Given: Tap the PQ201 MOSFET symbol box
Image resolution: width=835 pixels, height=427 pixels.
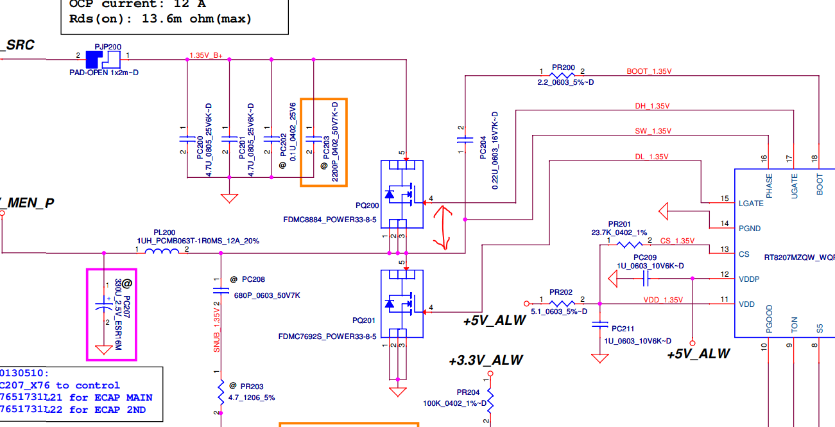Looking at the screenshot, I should [x=402, y=304].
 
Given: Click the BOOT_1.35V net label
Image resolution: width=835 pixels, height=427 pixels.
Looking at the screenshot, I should [x=650, y=71].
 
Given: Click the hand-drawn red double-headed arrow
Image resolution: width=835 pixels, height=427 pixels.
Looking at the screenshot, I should [x=441, y=226].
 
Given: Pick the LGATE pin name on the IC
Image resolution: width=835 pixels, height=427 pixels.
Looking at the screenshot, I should [x=752, y=203].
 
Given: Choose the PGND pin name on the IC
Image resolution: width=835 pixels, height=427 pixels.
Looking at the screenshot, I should [x=750, y=229].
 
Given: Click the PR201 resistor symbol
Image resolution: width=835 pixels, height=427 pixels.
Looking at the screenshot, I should [x=628, y=245].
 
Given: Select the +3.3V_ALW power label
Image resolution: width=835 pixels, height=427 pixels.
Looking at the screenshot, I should [x=486, y=361].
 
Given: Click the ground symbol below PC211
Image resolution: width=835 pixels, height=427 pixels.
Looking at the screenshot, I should [x=599, y=358].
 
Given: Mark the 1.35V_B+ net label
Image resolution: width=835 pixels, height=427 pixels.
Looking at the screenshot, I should [x=206, y=55].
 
